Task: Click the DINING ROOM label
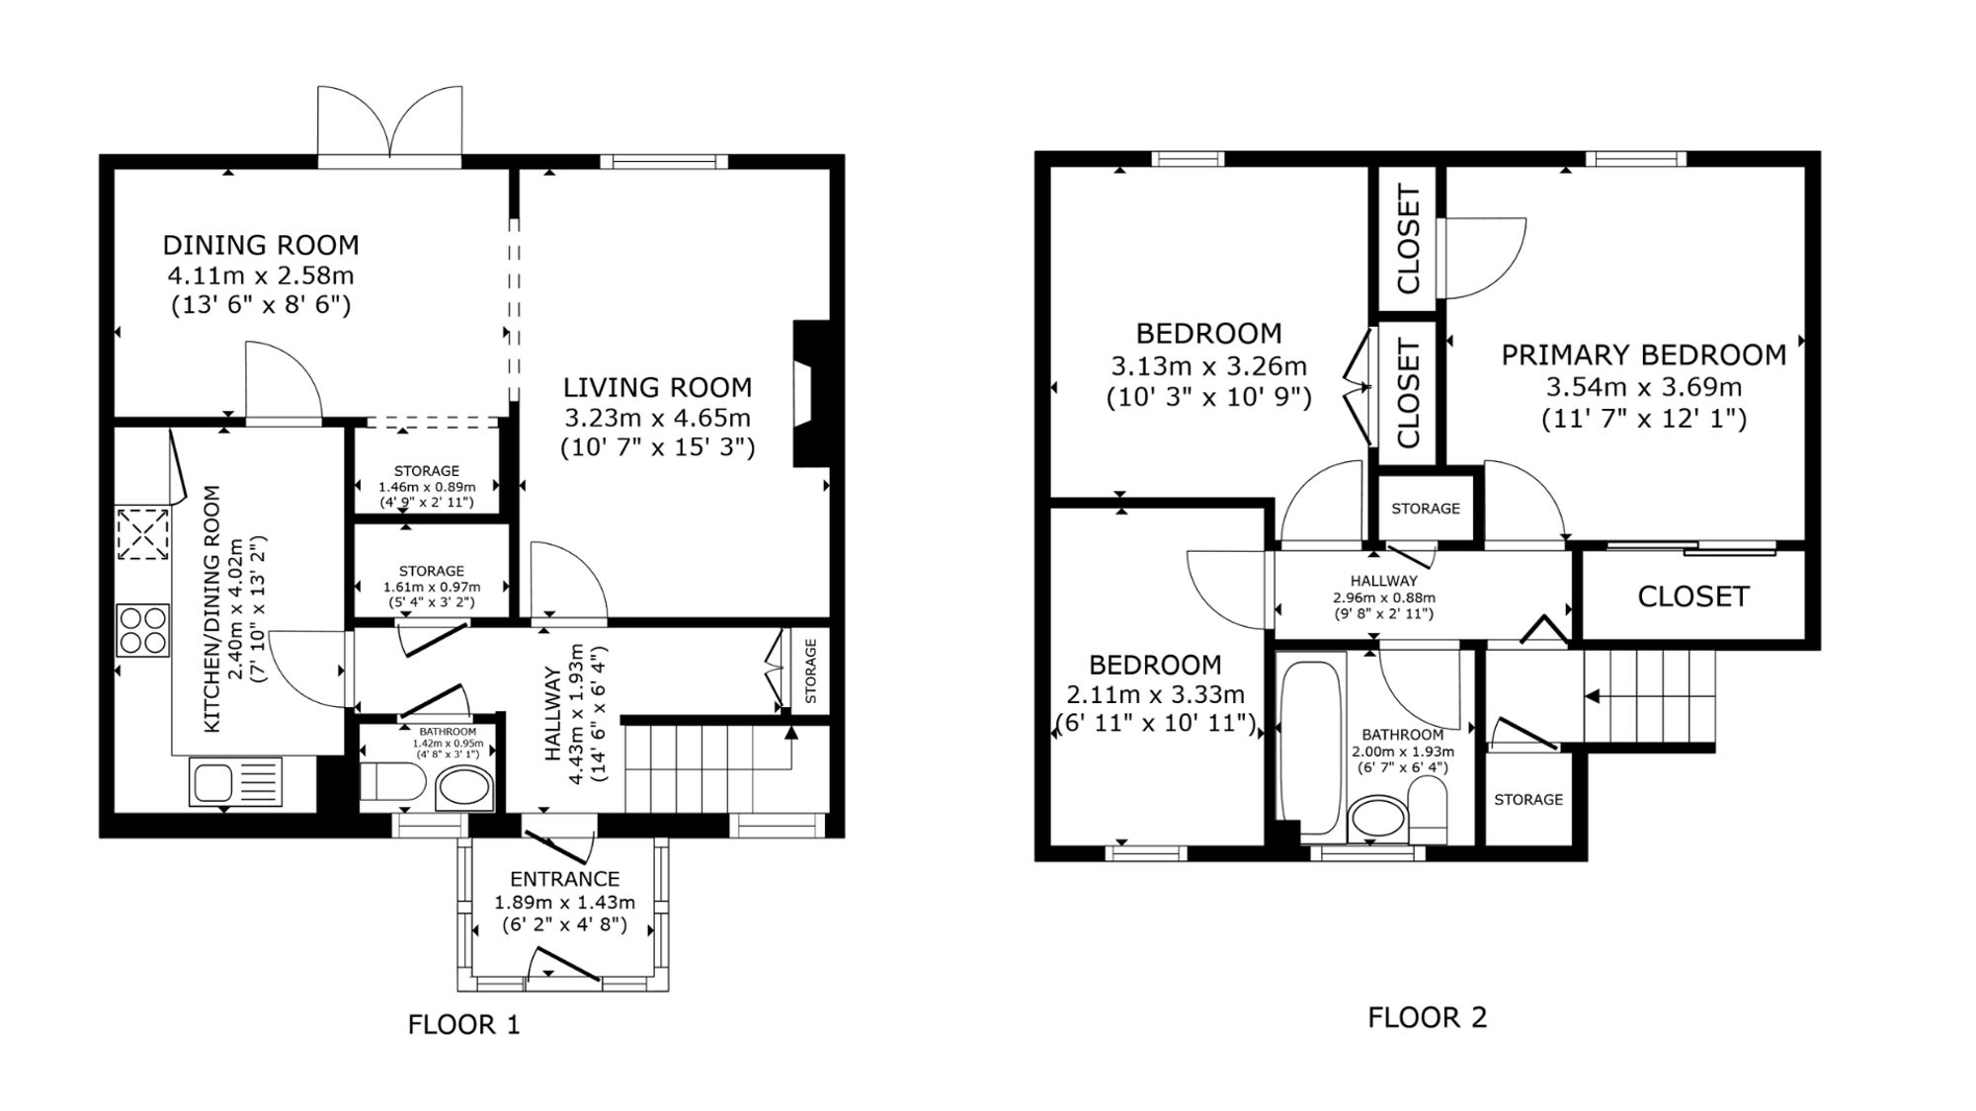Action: coord(261,245)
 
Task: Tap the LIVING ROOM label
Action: coord(658,387)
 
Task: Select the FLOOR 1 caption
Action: coord(463,1025)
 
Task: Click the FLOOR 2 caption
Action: coord(1427,1017)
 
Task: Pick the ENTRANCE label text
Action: coord(565,879)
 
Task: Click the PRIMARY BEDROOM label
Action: coord(1644,356)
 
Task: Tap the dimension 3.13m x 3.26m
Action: coord(1209,366)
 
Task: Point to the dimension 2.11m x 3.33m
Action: coord(1156,695)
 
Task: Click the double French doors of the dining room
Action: coord(390,123)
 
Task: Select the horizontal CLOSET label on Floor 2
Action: coord(1693,596)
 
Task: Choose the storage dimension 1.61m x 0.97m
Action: coord(432,587)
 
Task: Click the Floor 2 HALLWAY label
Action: coord(1384,582)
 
